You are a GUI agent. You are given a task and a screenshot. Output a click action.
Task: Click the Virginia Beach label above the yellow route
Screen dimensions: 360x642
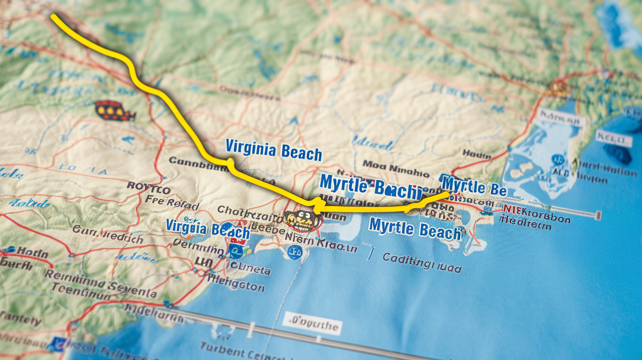point(274,150)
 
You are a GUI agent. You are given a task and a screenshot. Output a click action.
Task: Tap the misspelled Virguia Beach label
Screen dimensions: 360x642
point(207,228)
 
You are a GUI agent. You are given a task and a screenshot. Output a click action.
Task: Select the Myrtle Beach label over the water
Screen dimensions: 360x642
point(415,228)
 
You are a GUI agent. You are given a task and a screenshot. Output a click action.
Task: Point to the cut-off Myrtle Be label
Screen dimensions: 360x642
point(473,187)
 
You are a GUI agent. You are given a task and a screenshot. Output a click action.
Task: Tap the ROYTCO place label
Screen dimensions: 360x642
point(149,188)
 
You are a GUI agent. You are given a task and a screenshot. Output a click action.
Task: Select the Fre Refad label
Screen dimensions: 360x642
point(172,202)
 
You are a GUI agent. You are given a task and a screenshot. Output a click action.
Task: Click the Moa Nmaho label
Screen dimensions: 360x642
point(395,170)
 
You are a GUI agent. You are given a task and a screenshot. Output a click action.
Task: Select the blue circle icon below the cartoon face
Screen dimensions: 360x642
point(295,253)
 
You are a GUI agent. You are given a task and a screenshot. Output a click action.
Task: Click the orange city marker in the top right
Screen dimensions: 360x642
point(559,89)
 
